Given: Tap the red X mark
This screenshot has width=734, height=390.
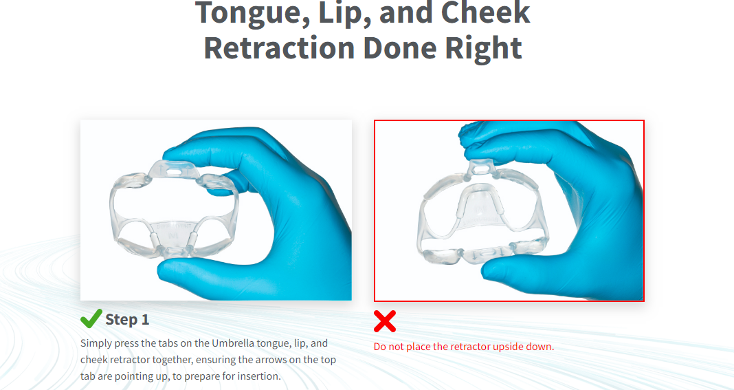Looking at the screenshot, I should pyautogui.click(x=385, y=321).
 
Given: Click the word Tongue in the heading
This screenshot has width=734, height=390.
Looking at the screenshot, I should pyautogui.click(x=243, y=13).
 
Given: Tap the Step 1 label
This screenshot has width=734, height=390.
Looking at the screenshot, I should pyautogui.click(x=127, y=319).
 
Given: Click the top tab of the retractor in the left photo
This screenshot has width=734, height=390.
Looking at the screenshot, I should pyautogui.click(x=172, y=168).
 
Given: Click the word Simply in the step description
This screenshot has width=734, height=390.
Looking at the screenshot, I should pyautogui.click(x=96, y=343).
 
